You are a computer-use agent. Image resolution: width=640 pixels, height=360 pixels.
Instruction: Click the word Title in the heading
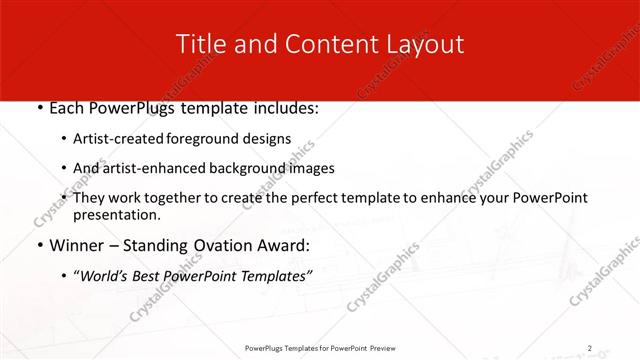(x=199, y=44)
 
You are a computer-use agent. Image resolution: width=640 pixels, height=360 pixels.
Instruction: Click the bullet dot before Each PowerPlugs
(x=37, y=106)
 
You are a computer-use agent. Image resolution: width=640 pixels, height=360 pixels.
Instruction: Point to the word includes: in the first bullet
(x=284, y=106)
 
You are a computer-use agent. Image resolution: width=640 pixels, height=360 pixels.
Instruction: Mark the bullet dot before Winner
(x=37, y=245)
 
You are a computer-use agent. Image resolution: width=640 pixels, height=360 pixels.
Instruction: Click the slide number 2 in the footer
(x=589, y=348)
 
